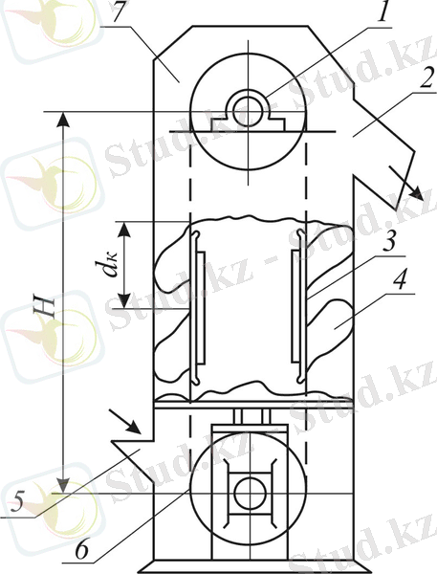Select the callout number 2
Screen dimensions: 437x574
point(426,78)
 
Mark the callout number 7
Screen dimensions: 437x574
point(120,14)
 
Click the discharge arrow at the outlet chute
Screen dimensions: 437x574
point(405,183)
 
